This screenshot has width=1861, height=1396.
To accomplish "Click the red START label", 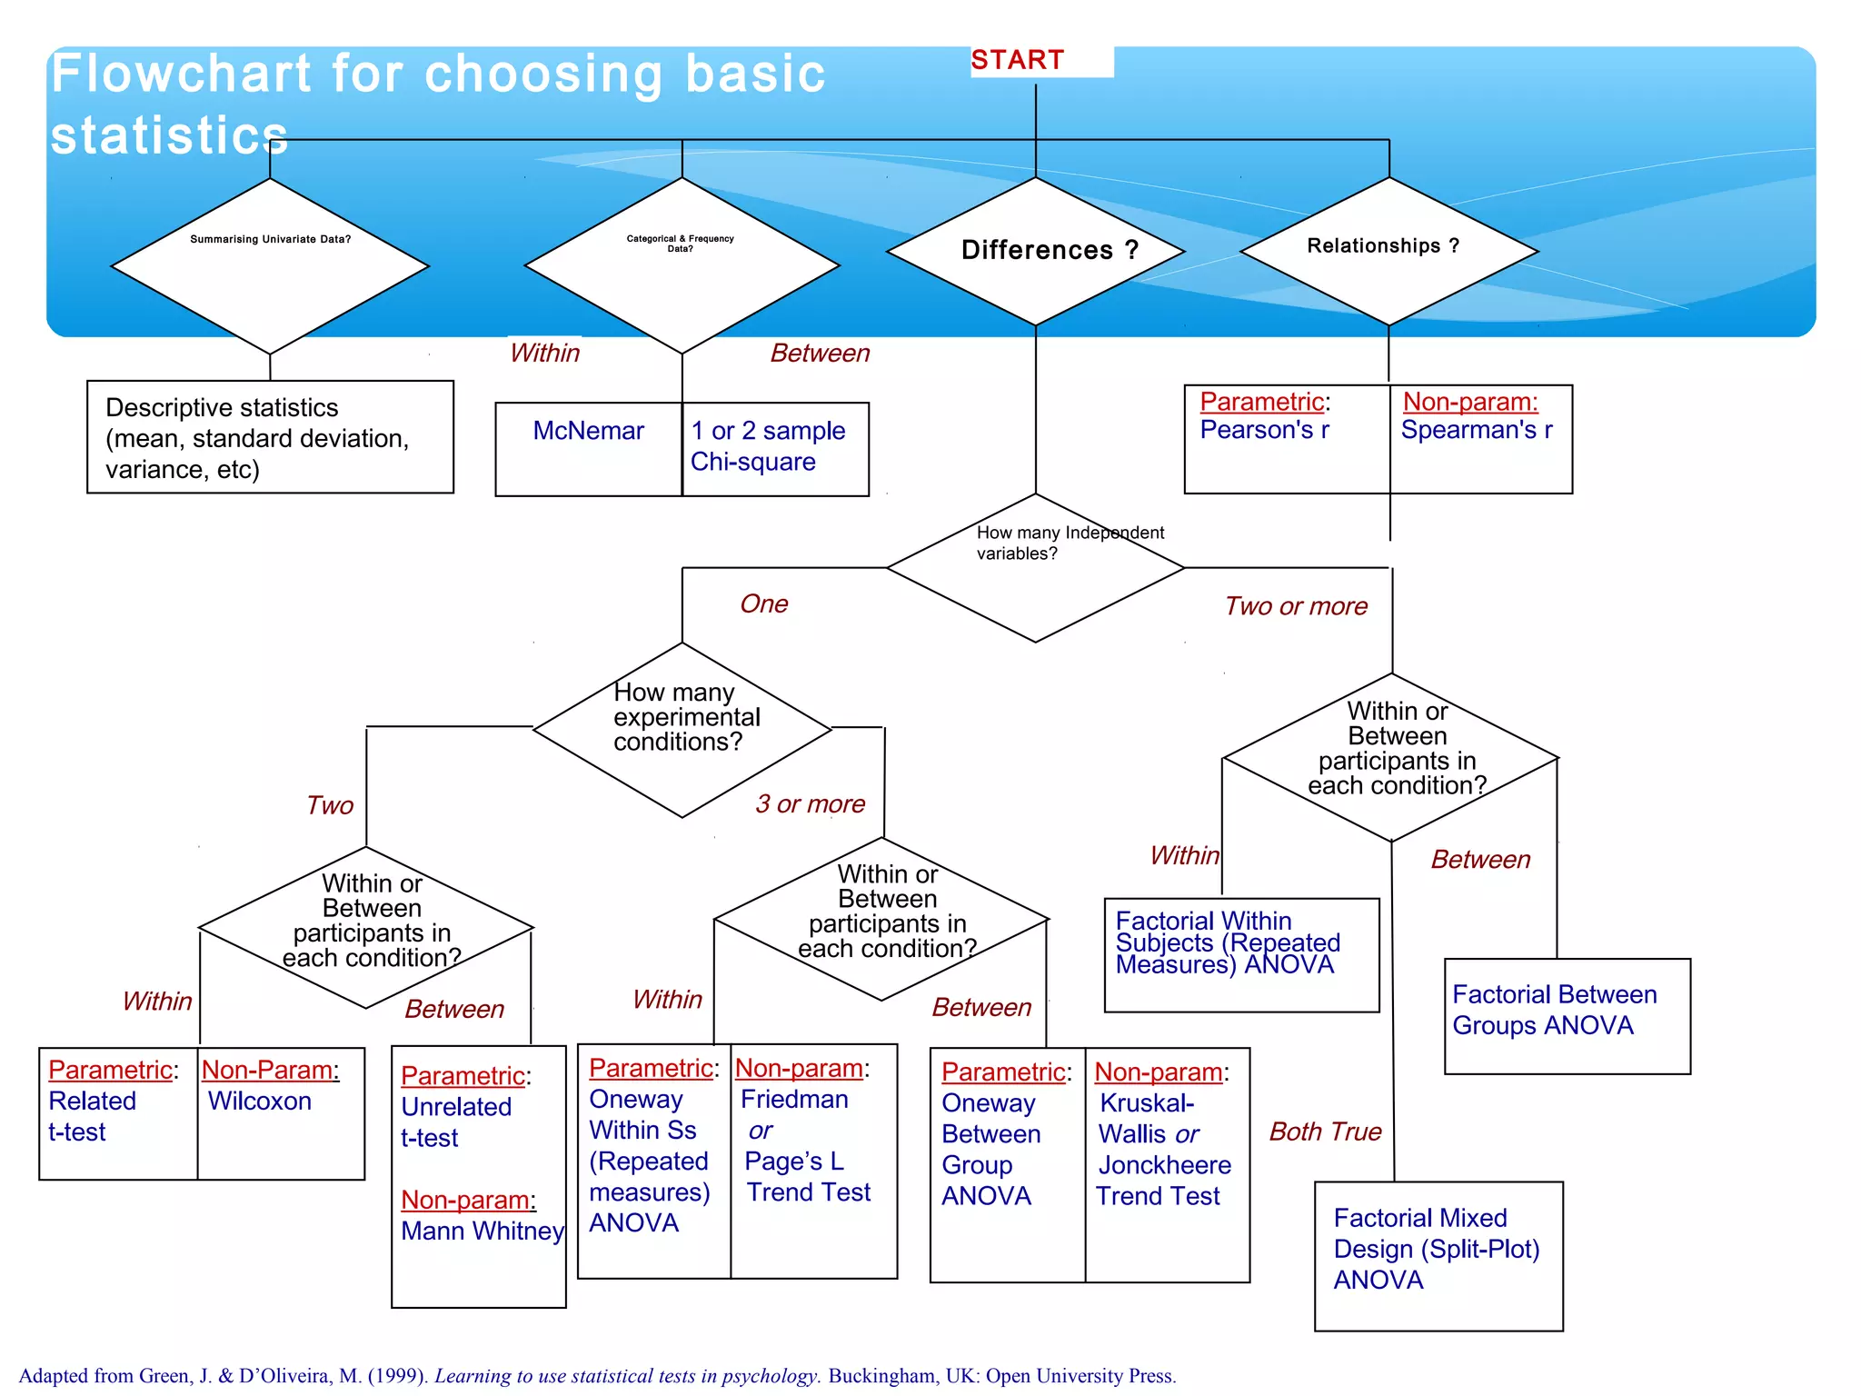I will [1017, 60].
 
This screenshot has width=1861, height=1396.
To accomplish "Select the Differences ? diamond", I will [1036, 251].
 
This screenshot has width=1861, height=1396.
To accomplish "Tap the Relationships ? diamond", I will [1388, 251].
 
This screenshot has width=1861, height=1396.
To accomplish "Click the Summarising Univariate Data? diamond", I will [270, 265].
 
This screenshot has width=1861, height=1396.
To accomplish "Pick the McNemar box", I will [588, 449].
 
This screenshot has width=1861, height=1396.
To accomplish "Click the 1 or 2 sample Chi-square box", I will [775, 449].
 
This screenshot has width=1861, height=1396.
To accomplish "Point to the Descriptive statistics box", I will [270, 437].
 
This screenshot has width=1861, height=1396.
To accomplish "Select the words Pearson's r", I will [1264, 430].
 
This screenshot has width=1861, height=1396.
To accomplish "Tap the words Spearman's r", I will [1477, 430].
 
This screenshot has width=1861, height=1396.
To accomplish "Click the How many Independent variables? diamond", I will [1036, 568].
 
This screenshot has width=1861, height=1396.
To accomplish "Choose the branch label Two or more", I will [1296, 606].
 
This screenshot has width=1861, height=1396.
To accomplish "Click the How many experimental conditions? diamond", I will [682, 729].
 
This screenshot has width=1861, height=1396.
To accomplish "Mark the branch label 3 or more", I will [810, 804].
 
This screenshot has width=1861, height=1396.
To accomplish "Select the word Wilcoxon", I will [260, 1102].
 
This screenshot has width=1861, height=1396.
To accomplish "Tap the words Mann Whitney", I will [483, 1231].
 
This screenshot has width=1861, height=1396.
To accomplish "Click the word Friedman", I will [794, 1100].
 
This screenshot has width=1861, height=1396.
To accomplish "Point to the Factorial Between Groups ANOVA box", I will [1567, 1016].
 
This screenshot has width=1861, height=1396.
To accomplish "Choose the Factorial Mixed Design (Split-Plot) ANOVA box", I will [1438, 1256].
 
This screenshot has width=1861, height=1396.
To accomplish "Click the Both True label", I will [1325, 1132].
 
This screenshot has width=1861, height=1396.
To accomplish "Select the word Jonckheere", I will [1165, 1165].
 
